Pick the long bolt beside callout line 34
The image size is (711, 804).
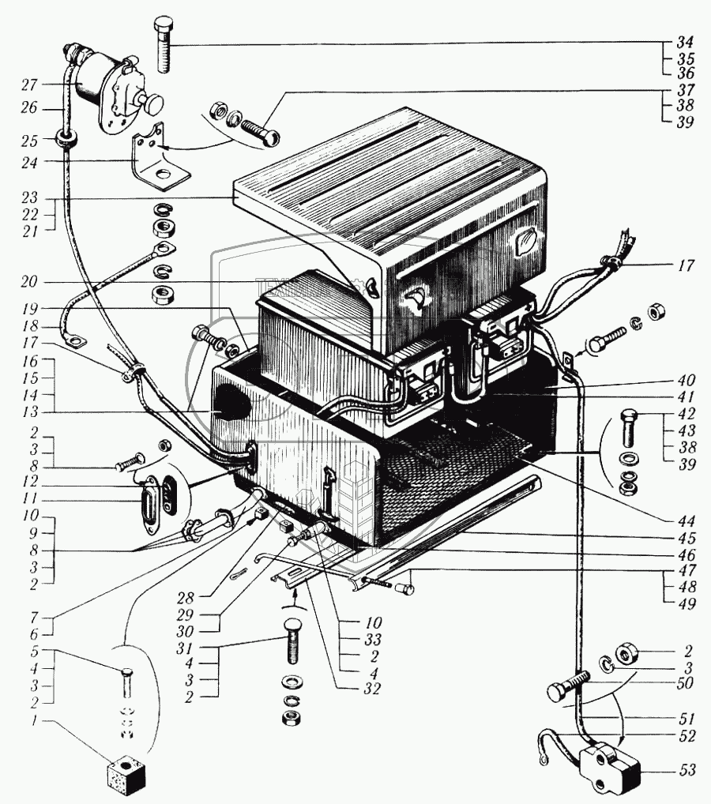(164, 44)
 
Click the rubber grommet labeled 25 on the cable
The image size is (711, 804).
(66, 141)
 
